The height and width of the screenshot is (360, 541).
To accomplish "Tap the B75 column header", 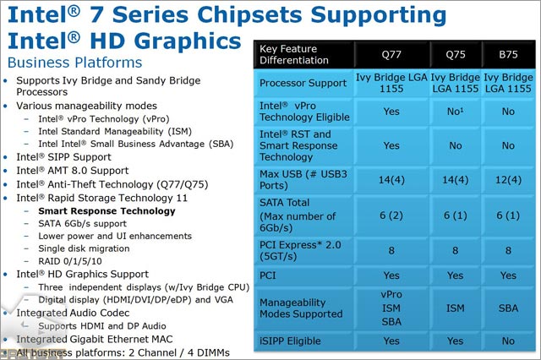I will click(x=508, y=54).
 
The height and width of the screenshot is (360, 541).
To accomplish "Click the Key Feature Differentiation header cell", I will click(x=305, y=55).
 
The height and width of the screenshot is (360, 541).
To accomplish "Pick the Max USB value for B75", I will click(x=508, y=180).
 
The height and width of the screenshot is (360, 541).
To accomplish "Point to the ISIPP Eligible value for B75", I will click(x=508, y=341).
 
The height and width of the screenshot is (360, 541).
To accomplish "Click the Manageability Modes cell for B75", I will click(x=508, y=308).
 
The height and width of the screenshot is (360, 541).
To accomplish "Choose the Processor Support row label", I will click(x=303, y=83).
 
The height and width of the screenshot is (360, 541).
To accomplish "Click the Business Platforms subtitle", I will click(x=74, y=63).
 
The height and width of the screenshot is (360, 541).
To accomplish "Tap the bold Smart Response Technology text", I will click(x=107, y=211).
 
